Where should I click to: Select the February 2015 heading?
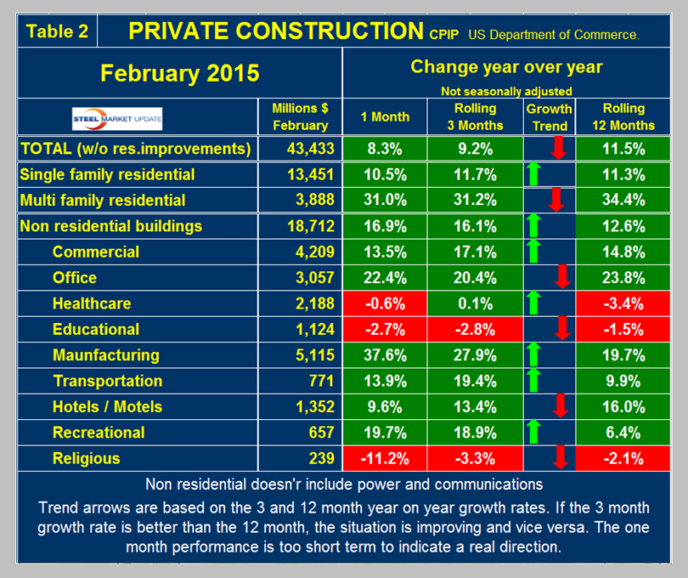coord(180,72)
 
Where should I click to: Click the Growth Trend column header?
coord(549,116)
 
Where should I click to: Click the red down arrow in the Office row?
coord(560,278)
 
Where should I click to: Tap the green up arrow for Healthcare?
coord(533,303)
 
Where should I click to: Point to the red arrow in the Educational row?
coord(560,329)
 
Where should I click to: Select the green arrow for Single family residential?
coord(533,175)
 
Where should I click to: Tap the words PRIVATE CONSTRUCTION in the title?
coord(274,31)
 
